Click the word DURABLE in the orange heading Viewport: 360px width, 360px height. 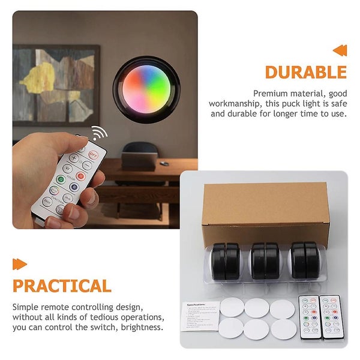pyautogui.click(x=305, y=72)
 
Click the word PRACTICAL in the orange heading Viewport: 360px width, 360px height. pyautogui.click(x=62, y=286)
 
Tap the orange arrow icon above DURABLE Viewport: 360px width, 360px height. pyautogui.click(x=340, y=50)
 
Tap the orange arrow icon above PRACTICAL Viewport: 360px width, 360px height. pyautogui.click(x=20, y=263)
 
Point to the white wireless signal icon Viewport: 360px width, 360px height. pyautogui.click(x=98, y=133)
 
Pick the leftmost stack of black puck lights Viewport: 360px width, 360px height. pyautogui.click(x=226, y=262)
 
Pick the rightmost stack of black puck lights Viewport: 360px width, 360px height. pyautogui.click(x=307, y=260)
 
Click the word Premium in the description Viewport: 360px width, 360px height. pyautogui.click(x=272, y=93)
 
